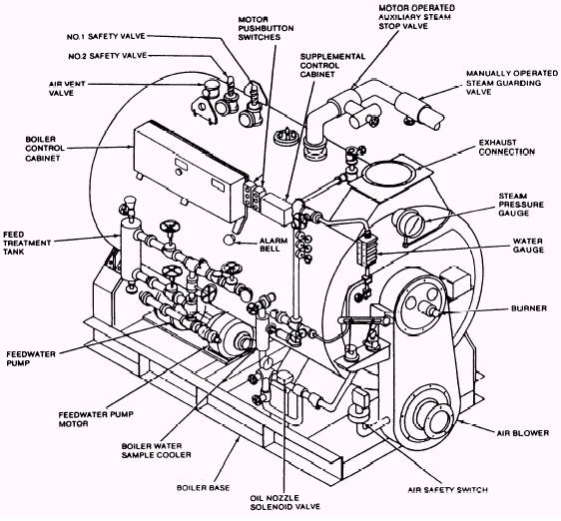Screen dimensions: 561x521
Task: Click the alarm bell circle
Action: coord(229,240)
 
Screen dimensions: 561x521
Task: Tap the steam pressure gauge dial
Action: coord(409,223)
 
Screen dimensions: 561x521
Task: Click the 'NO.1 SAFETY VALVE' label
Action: coord(106,37)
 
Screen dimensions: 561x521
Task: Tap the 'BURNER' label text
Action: coord(529,308)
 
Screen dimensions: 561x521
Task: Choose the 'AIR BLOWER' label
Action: coord(523,433)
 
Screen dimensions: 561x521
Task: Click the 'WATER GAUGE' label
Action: coord(528,246)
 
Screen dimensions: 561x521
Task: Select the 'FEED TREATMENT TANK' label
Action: coord(27,244)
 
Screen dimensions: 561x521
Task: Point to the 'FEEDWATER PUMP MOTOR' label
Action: coord(96,419)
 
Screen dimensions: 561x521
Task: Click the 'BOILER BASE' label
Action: coord(204,488)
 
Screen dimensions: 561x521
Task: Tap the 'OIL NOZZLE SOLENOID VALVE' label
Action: coord(284,502)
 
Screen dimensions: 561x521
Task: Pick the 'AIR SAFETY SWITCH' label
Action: coord(448,490)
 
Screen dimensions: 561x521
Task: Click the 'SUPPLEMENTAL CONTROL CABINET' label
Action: coord(332,66)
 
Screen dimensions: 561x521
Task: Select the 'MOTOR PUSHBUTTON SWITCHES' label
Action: coord(266,28)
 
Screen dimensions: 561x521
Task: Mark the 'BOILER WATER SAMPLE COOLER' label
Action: coord(157,451)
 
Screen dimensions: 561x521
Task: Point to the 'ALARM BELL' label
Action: coord(274,245)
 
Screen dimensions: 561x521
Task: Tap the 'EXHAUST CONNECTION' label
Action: coord(507,148)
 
